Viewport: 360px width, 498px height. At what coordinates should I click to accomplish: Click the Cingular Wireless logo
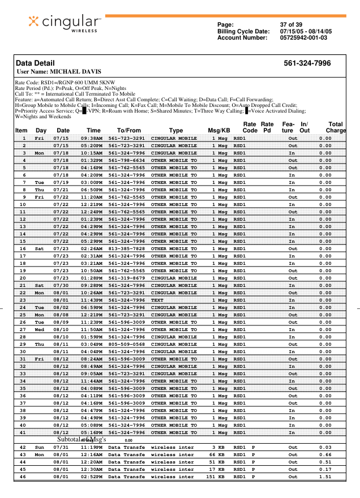[65, 23]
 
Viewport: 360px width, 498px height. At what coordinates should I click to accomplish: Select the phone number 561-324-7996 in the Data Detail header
[307, 63]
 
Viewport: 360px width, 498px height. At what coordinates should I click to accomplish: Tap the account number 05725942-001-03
[303, 38]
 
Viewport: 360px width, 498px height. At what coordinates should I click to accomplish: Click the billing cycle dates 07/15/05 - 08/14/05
[306, 31]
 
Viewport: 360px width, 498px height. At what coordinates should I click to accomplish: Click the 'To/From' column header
[128, 131]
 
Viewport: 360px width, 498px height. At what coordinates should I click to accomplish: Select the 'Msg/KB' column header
[218, 131]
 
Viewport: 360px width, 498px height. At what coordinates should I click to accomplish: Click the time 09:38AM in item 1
[92, 138]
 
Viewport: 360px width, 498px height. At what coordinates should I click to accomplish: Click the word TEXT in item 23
[157, 300]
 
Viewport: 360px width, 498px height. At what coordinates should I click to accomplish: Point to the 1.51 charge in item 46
[325, 476]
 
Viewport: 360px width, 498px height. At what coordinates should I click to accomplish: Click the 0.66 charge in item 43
[325, 454]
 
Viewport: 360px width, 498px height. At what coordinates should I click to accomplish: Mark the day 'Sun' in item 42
[40, 447]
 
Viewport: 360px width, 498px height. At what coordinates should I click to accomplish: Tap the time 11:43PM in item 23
[92, 300]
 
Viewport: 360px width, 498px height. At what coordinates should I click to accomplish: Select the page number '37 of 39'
[291, 24]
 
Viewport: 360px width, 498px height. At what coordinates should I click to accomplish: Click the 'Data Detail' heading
[36, 63]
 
